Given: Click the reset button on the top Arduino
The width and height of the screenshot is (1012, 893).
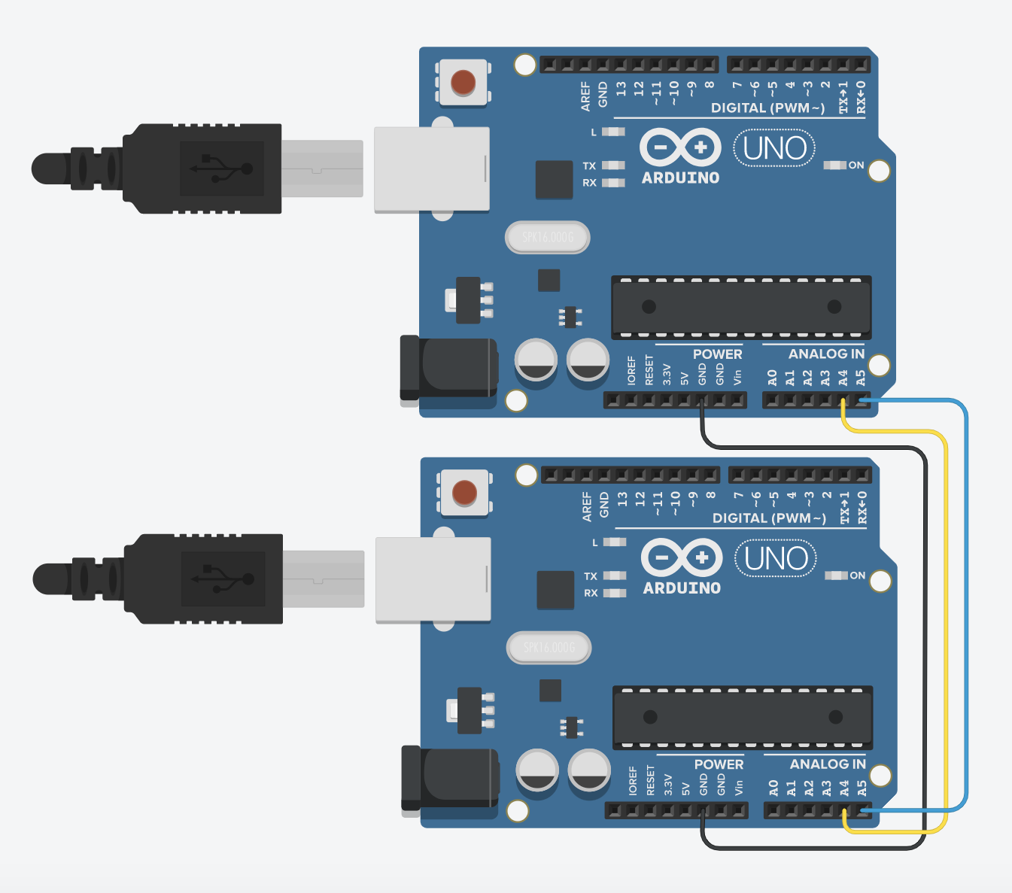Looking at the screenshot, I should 463,82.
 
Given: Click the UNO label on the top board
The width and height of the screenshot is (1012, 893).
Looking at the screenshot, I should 775,148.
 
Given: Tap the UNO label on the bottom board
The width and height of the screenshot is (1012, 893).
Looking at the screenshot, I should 776,558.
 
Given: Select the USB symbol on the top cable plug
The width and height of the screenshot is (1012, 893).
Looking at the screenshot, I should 221,169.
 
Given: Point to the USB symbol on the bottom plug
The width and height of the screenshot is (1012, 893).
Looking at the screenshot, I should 223,579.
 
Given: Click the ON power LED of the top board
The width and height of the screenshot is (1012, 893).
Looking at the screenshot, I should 835,165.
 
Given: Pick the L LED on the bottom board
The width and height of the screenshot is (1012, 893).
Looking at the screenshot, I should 615,542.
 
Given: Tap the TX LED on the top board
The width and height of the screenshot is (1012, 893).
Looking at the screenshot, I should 613,166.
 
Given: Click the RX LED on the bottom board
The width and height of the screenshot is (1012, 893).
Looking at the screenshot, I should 615,593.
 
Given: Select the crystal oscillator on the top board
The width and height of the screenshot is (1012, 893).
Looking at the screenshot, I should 547,238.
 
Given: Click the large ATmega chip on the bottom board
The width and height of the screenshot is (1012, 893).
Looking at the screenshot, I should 743,717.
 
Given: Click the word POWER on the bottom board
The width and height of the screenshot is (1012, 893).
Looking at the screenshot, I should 719,764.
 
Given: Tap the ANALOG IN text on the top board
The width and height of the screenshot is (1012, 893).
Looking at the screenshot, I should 826,354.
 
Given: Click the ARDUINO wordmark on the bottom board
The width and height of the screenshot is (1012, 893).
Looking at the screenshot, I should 682,588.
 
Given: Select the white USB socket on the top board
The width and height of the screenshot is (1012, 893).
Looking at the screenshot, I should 432,169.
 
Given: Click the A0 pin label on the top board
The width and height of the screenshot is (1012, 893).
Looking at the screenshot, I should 772,378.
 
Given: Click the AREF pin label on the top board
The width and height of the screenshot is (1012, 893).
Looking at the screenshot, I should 585,97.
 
